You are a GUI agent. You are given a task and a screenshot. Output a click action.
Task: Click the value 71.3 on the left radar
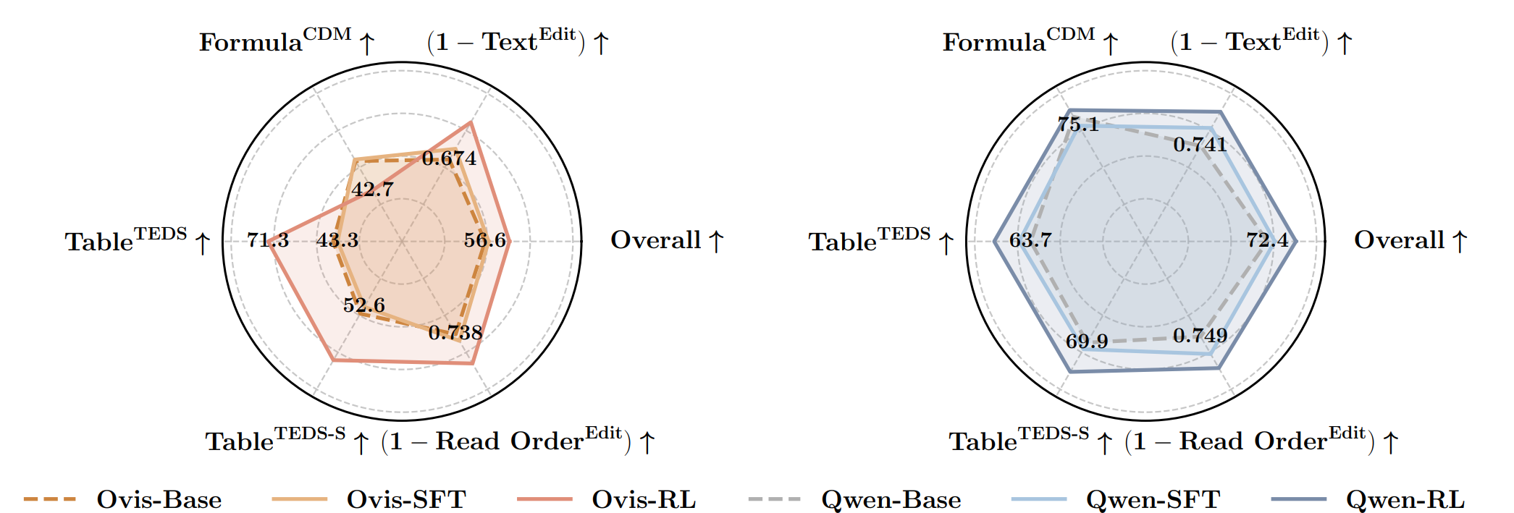(x=268, y=239)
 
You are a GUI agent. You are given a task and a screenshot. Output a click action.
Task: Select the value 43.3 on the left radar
(x=337, y=239)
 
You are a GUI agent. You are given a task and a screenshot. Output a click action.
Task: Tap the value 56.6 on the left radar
(x=485, y=239)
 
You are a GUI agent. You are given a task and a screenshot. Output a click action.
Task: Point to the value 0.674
(x=450, y=158)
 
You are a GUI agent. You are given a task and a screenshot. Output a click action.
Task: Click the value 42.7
(x=373, y=190)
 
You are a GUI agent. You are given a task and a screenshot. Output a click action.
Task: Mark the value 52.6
(x=364, y=305)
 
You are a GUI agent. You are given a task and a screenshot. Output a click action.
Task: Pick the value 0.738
(x=455, y=333)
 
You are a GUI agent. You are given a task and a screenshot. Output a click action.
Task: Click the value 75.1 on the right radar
(x=1078, y=124)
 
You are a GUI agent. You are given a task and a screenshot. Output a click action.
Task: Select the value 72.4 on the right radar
(x=1268, y=239)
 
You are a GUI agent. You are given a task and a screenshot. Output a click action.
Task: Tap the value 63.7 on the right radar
(x=1030, y=239)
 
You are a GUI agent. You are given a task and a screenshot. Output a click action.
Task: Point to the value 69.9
(x=1087, y=341)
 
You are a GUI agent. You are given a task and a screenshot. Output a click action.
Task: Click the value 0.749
(x=1200, y=336)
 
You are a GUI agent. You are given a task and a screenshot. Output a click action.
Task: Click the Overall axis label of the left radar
(x=667, y=240)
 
